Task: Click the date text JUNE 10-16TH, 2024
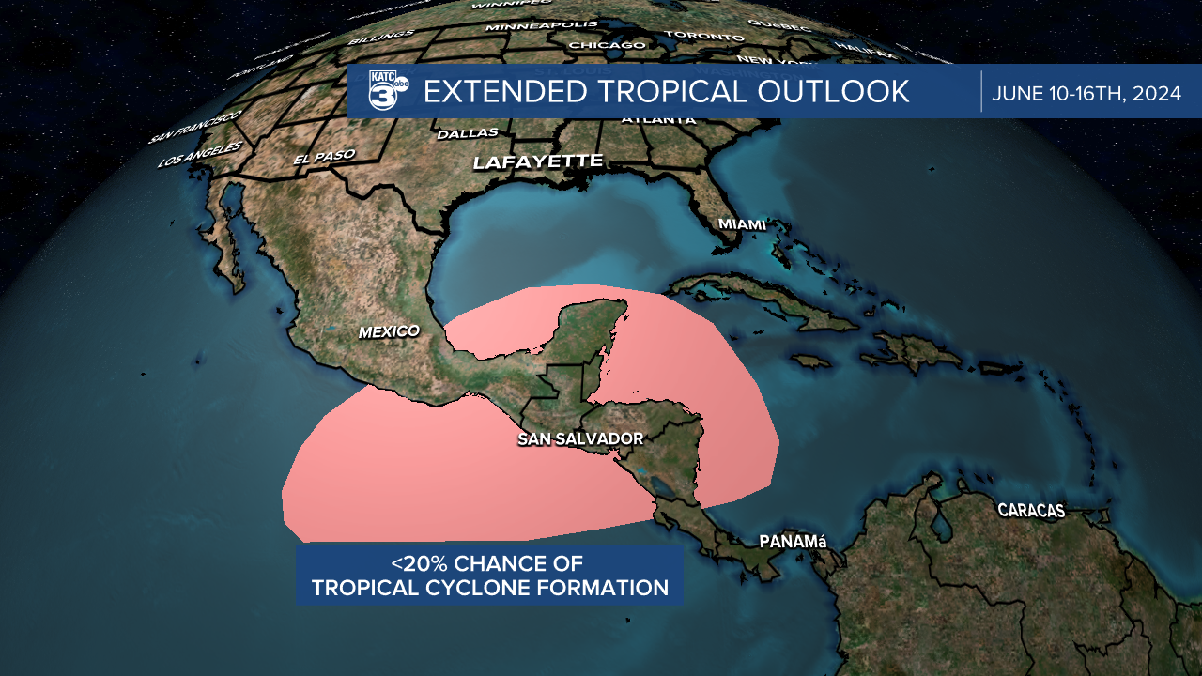[x=1086, y=93]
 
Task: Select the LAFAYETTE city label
[x=537, y=161]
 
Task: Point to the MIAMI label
[x=742, y=224]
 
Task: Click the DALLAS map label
[x=468, y=133]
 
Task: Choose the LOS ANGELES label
[x=200, y=154]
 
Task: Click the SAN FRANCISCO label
[x=194, y=127]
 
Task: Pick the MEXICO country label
[x=388, y=331]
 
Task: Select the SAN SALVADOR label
[x=580, y=438]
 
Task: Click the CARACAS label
[x=1031, y=511]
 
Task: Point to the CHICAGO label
[x=608, y=45]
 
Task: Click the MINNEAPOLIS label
[x=543, y=25]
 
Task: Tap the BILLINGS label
[x=380, y=38]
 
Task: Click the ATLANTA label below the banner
[x=658, y=120]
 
